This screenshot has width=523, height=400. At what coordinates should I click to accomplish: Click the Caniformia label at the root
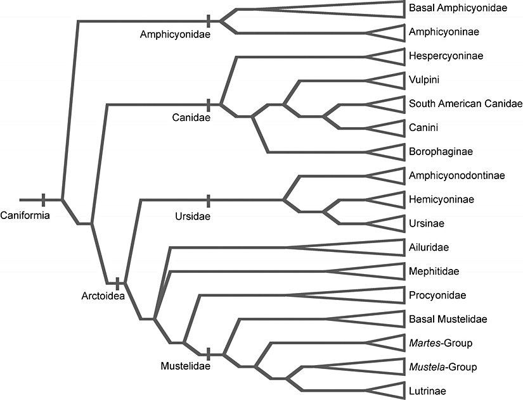[25, 215]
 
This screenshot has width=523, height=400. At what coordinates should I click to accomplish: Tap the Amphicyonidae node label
[176, 35]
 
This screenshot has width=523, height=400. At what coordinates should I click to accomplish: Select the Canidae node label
[191, 116]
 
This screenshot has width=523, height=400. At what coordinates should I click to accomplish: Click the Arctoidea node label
[103, 295]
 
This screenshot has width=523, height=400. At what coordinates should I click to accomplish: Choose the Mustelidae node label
[184, 365]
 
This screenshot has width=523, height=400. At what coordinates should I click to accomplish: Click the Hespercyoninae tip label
[446, 56]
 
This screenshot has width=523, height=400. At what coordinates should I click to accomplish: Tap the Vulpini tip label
[424, 80]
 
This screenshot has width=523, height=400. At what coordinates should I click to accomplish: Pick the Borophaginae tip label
[441, 152]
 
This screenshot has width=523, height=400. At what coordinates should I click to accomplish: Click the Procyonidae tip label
[437, 295]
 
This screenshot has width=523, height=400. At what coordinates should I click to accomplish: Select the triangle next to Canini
[392, 128]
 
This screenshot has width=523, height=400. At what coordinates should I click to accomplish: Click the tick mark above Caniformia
[43, 199]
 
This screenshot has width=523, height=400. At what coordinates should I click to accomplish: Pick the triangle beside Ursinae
[392, 223]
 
